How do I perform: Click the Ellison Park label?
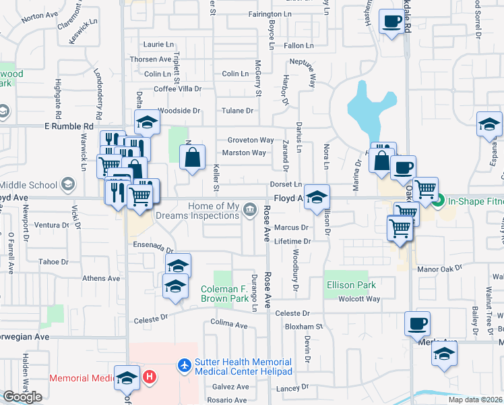tap(351, 285)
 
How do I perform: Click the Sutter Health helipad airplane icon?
tap(183, 365)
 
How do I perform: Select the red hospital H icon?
tap(150, 376)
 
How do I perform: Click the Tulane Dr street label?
tap(239, 111)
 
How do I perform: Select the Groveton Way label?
tap(250, 140)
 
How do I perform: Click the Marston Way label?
tap(244, 153)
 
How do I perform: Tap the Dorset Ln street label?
tap(287, 184)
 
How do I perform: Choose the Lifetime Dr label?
tap(292, 241)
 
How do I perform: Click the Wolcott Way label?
tap(359, 299)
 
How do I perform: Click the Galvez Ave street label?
tap(230, 387)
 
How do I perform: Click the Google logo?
tap(22, 397)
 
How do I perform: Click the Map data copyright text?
tap(476, 400)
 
